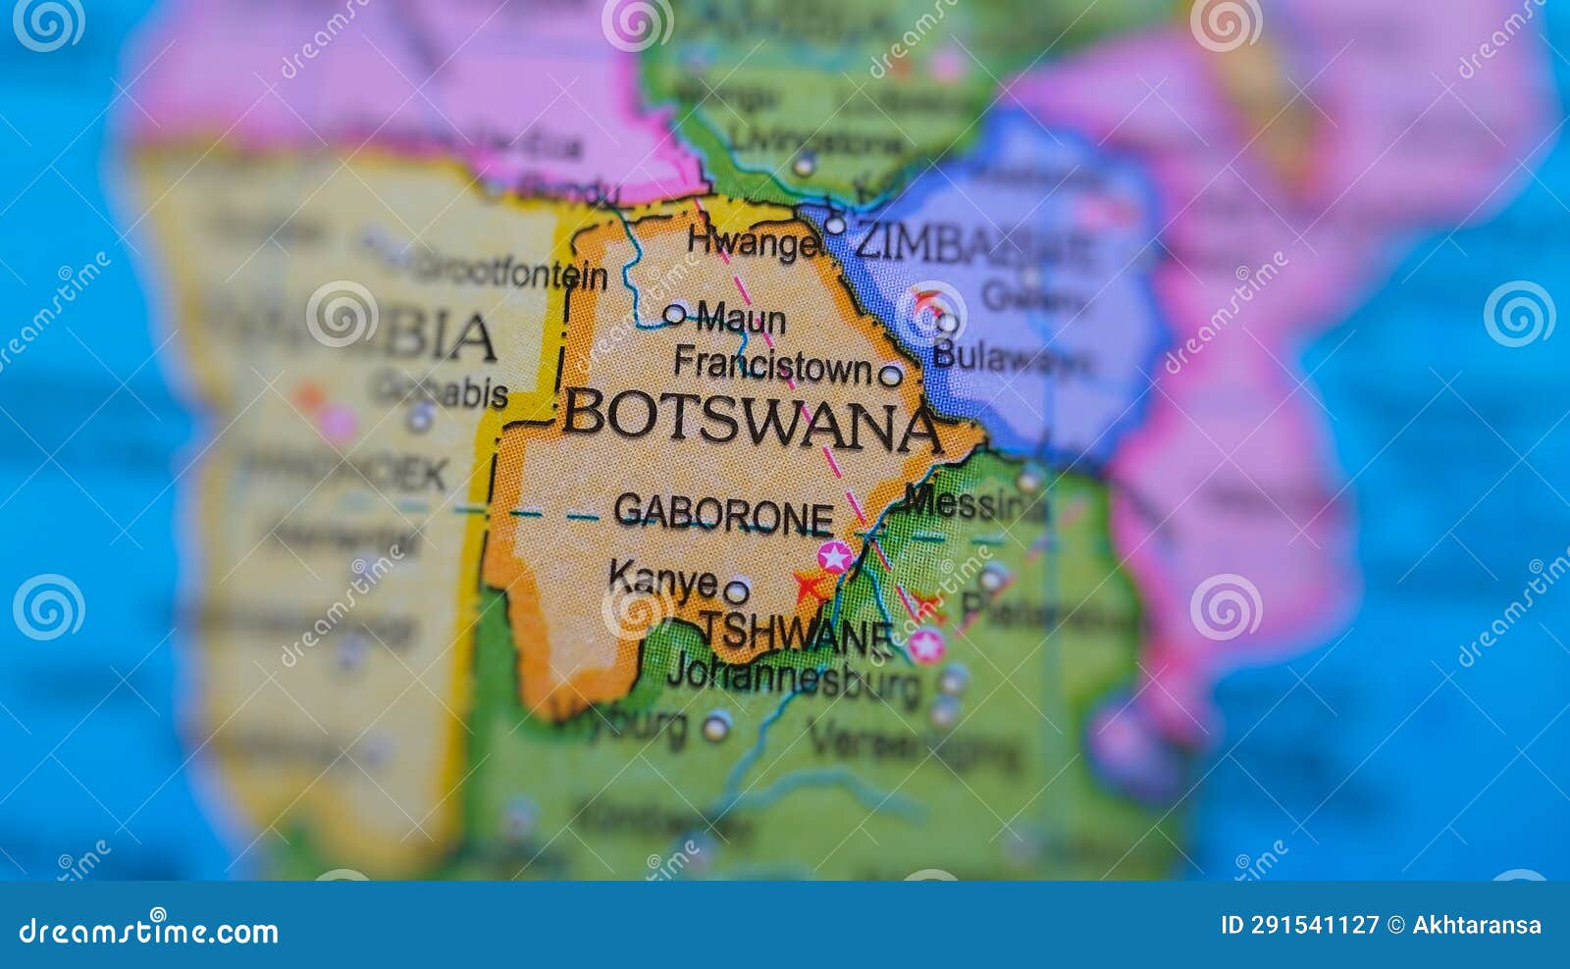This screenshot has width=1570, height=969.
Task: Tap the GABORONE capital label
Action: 723,513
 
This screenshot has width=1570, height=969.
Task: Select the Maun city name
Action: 741,319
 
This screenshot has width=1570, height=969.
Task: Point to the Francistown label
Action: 772,365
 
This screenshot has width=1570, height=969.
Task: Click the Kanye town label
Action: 662,579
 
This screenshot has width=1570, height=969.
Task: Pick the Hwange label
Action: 753,241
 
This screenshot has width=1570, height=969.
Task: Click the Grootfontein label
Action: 510,272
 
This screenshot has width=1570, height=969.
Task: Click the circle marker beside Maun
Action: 675,314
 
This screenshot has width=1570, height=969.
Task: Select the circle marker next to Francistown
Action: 890,375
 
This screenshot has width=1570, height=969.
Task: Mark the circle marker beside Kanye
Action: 736,591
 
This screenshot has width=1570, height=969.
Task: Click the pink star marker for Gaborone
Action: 834,557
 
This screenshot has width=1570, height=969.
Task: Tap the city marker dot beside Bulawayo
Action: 947,323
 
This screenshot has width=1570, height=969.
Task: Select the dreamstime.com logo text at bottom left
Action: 148,931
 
